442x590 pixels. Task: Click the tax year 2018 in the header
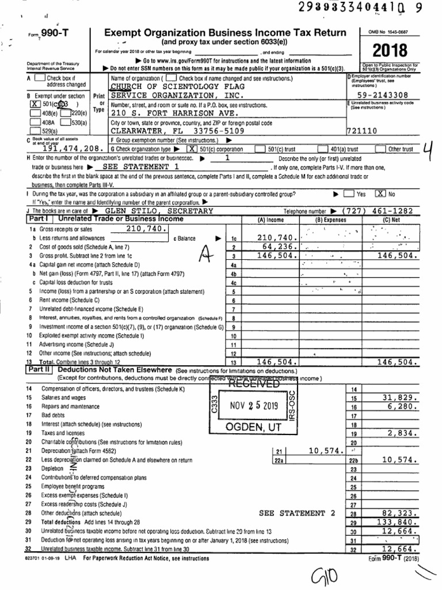coord(389,50)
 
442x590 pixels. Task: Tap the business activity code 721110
coord(362,131)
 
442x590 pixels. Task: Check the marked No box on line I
coord(379,195)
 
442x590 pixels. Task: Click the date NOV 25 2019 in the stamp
coord(254,405)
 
